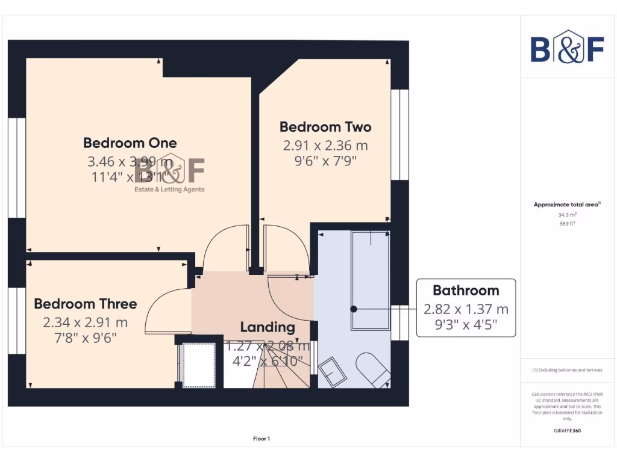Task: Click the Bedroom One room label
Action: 130,143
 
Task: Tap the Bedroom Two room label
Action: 325,127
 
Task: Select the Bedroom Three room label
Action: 85,304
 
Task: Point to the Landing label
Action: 268,327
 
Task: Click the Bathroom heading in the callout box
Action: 466,291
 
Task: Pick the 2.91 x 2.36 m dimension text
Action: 325,146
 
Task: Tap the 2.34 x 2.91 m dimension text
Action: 85,322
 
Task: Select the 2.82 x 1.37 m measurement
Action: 466,309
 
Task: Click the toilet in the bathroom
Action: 373,369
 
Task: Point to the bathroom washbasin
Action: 332,372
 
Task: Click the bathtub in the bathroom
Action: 371,280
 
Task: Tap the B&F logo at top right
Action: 567,49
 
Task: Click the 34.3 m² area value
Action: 566,215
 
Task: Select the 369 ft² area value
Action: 566,224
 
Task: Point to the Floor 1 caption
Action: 262,439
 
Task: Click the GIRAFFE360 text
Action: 566,431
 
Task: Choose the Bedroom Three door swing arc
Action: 167,310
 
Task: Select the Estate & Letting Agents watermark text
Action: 169,189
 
